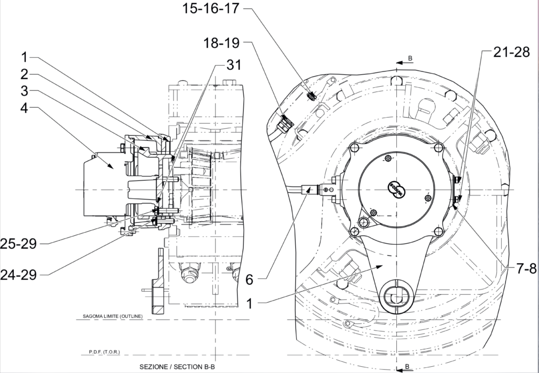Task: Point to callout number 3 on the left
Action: pos(25,90)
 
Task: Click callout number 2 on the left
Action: pos(25,74)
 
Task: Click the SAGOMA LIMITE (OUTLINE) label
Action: pos(112,317)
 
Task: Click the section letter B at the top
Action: pos(410,58)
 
